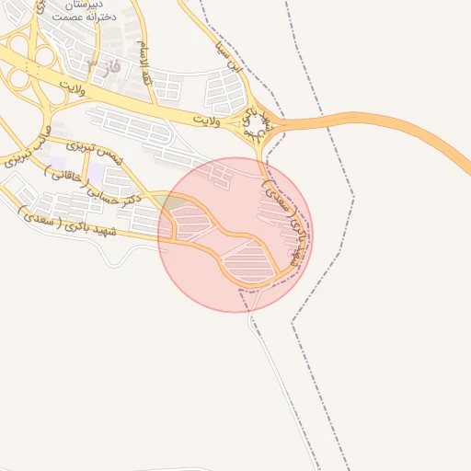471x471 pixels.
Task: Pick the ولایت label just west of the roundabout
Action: coord(206,121)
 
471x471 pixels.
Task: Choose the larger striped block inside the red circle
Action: coord(248,262)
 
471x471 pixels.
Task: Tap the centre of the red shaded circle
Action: coord(235,235)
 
